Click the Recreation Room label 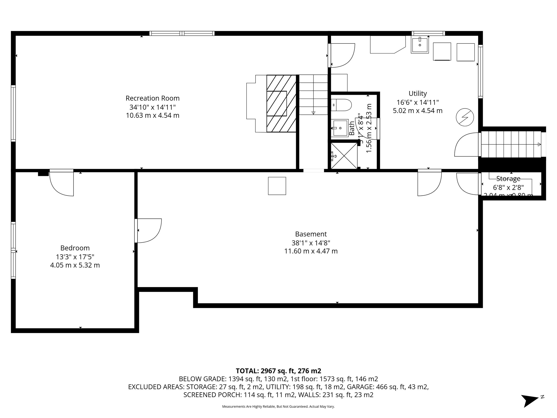point(152,98)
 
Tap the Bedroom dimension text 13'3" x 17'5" point(75,257)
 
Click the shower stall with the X point(344,155)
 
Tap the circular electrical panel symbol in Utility point(465,117)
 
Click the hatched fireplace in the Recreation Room point(281,104)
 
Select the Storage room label point(508,179)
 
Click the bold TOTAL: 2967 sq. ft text point(278,371)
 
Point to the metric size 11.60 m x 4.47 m point(311,251)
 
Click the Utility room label point(418,93)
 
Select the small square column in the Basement point(277,186)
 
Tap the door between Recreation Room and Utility point(341,56)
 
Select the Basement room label point(311,234)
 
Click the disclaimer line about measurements point(278,406)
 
